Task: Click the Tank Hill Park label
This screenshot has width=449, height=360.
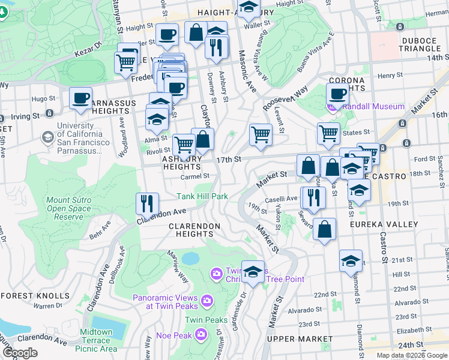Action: click(x=202, y=196)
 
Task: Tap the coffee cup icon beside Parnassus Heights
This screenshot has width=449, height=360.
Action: click(x=80, y=98)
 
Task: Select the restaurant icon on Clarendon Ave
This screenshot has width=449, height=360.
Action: click(x=147, y=203)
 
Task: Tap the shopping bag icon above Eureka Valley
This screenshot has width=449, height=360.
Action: click(x=324, y=230)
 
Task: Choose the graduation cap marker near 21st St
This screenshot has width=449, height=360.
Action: click(x=351, y=261)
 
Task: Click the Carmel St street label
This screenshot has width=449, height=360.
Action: click(x=195, y=176)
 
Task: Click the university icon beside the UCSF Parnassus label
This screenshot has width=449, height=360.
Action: click(x=47, y=137)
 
